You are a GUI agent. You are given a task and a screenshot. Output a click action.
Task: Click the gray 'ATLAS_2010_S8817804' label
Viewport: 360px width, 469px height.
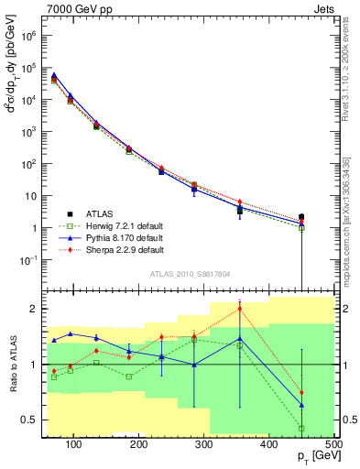coord(190,271)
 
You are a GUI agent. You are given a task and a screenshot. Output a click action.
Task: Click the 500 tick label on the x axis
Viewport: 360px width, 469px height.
coord(333,445)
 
